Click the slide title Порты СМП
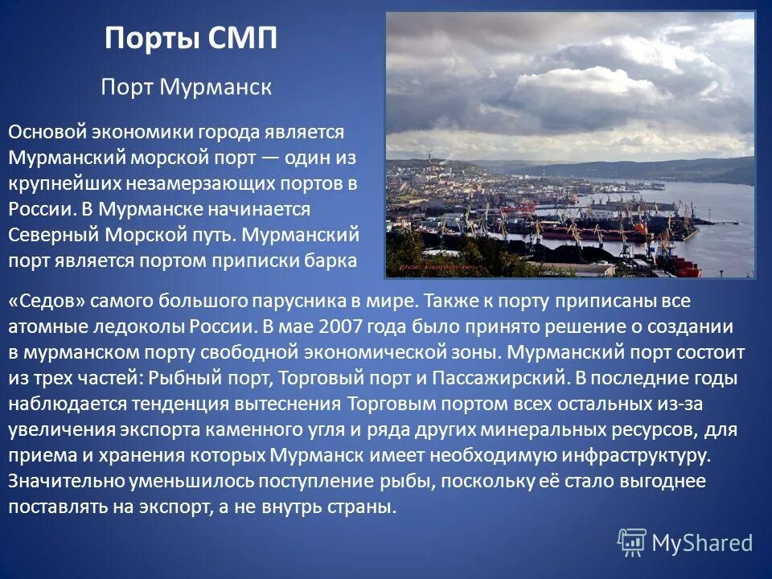(x=191, y=39)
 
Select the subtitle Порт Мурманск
(x=186, y=87)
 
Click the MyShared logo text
(x=701, y=543)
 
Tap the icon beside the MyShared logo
(x=631, y=543)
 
